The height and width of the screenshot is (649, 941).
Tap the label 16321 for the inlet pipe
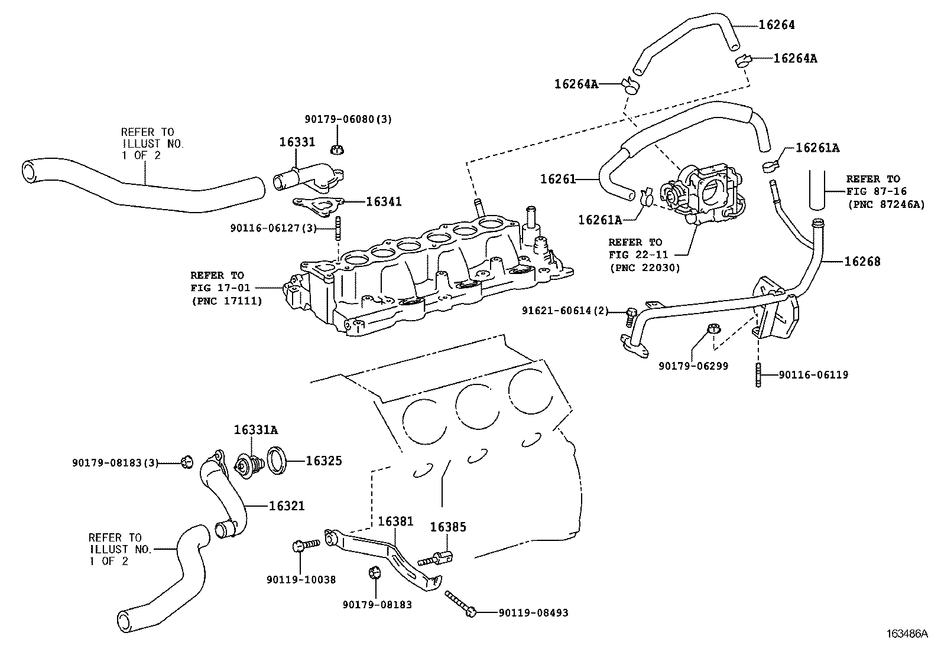(x=287, y=506)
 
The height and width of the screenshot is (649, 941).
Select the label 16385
(x=448, y=527)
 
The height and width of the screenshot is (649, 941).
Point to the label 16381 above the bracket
(x=395, y=521)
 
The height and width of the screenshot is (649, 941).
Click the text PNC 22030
(x=644, y=268)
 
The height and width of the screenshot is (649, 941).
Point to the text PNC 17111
(x=226, y=301)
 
